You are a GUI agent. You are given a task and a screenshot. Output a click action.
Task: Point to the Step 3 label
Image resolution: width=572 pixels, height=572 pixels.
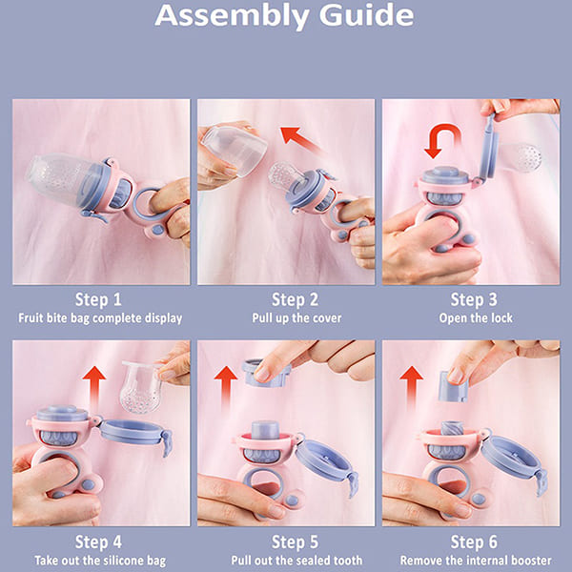click(x=471, y=299)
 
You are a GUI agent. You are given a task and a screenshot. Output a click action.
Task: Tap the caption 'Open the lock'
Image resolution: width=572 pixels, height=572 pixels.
click(x=471, y=317)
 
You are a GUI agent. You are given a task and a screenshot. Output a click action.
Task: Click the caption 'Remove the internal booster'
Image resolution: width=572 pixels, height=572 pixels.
click(x=471, y=561)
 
